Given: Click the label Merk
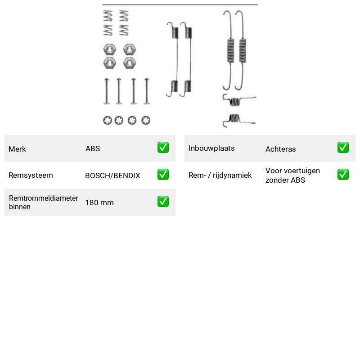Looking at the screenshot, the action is [17, 149].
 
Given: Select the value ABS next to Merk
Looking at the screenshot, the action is [93, 148].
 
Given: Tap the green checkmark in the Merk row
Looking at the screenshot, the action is [163, 148].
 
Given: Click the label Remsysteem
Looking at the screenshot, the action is [31, 175].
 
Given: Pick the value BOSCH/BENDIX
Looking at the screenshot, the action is [112, 175].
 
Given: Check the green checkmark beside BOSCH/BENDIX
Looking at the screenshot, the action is [163, 175].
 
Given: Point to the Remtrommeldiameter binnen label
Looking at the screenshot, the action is [43, 202].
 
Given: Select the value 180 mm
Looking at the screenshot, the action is [99, 202].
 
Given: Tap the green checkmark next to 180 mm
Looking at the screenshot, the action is [163, 201].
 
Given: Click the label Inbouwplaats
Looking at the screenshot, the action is [211, 148].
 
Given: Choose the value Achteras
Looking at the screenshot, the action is [280, 149].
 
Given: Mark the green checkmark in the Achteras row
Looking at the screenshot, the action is [343, 148].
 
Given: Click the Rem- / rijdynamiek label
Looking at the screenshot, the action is [220, 175].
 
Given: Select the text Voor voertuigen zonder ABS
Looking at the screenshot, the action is [293, 175].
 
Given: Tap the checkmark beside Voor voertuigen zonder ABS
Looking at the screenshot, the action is [343, 175].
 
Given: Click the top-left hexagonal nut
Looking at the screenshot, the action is [109, 49].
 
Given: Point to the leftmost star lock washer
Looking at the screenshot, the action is [108, 120].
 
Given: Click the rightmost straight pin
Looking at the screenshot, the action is [147, 91].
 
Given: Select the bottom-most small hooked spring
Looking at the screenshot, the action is [239, 120].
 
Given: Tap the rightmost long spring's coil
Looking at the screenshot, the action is [243, 50].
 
